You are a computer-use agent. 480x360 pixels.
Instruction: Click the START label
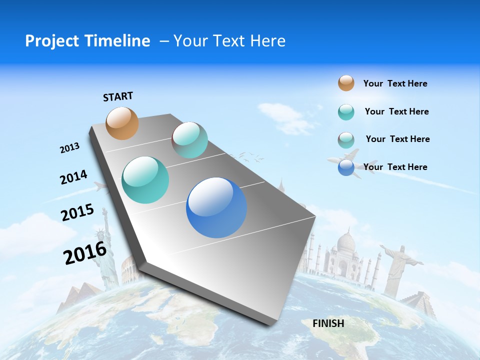click(118, 96)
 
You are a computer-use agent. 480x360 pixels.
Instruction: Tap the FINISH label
click(328, 323)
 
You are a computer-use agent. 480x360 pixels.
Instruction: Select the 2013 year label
click(69, 148)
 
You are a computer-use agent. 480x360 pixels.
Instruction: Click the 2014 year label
click(73, 177)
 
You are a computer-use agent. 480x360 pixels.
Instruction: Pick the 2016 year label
click(85, 253)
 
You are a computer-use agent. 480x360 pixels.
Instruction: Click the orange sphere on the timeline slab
click(122, 123)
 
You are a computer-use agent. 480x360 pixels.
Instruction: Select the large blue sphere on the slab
click(216, 207)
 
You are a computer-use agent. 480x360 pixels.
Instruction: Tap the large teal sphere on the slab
click(145, 180)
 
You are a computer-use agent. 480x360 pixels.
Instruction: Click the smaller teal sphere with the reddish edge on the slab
click(189, 140)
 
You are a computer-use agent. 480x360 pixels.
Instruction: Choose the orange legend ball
click(346, 83)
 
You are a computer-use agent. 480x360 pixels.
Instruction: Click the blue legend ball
click(346, 167)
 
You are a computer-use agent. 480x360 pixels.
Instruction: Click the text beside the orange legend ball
click(395, 83)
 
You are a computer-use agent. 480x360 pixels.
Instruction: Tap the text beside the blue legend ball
click(395, 167)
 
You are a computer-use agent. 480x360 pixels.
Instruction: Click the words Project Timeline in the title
click(87, 41)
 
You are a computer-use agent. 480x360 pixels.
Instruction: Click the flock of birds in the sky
click(249, 157)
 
